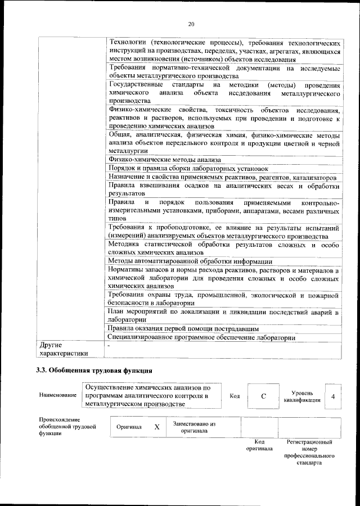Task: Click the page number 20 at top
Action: pos(191,24)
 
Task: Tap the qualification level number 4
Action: pos(334,396)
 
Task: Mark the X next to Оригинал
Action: pos(157,427)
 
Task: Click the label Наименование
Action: pos(58,396)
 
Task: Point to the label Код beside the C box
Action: pos(235,396)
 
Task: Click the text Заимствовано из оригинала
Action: pos(194,427)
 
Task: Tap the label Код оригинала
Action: pos(259,445)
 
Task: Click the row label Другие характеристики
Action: pos(62,349)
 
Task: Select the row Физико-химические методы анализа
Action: pos(161,160)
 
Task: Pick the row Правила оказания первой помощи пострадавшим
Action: pos(183,328)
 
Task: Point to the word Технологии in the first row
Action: pos(128,42)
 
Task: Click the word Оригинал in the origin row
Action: pos(129,427)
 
